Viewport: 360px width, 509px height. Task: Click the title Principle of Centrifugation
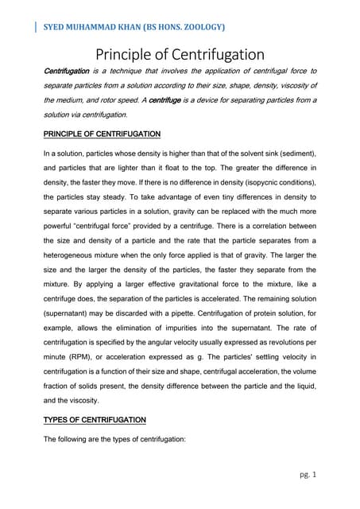click(x=180, y=55)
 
